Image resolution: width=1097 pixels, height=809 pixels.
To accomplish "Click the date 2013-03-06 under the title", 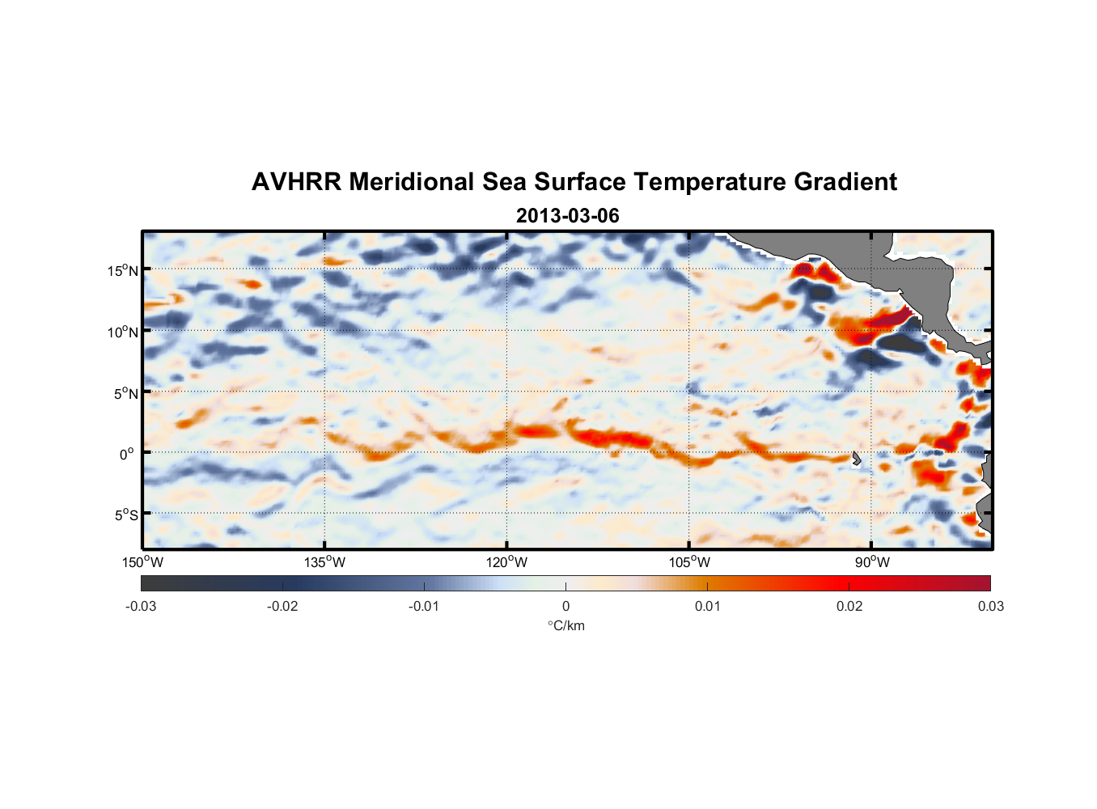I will [x=567, y=216].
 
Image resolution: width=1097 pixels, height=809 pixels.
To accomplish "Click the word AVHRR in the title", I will [x=295, y=182].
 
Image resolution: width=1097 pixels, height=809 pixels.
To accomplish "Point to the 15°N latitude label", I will [x=123, y=271].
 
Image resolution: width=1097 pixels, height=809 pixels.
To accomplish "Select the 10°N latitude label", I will [x=123, y=332].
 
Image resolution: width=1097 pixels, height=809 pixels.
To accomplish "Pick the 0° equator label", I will [x=127, y=455].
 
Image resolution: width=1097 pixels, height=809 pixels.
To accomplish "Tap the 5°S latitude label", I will [x=125, y=515].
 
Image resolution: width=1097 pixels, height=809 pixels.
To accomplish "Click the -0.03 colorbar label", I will [x=141, y=607].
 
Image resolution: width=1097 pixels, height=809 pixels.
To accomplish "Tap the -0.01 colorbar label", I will [x=424, y=607].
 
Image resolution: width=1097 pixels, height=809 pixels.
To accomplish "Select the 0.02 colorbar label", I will [x=849, y=607].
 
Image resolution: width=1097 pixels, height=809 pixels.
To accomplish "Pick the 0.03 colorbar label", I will [x=990, y=607].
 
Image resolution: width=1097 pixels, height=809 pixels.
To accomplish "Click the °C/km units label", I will [x=565, y=626].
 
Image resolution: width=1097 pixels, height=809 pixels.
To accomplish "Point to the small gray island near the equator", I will [x=857, y=459].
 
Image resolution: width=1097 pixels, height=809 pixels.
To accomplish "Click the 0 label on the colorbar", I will [x=565, y=607].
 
